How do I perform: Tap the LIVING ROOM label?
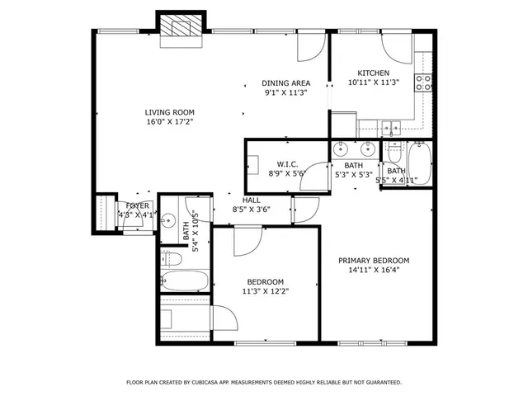point(170,112)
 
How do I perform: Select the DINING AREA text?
point(285,83)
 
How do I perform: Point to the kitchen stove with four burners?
point(424,82)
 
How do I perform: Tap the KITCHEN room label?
point(373,73)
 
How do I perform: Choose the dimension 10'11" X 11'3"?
point(373,82)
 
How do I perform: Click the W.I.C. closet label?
point(286,163)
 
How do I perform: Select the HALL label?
point(252,200)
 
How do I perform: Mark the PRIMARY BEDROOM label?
point(374,261)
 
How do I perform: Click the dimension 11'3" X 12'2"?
point(265,290)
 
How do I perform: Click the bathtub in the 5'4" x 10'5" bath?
point(182,281)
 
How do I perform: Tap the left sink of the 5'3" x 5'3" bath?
point(340,150)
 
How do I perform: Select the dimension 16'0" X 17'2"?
point(170,122)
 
